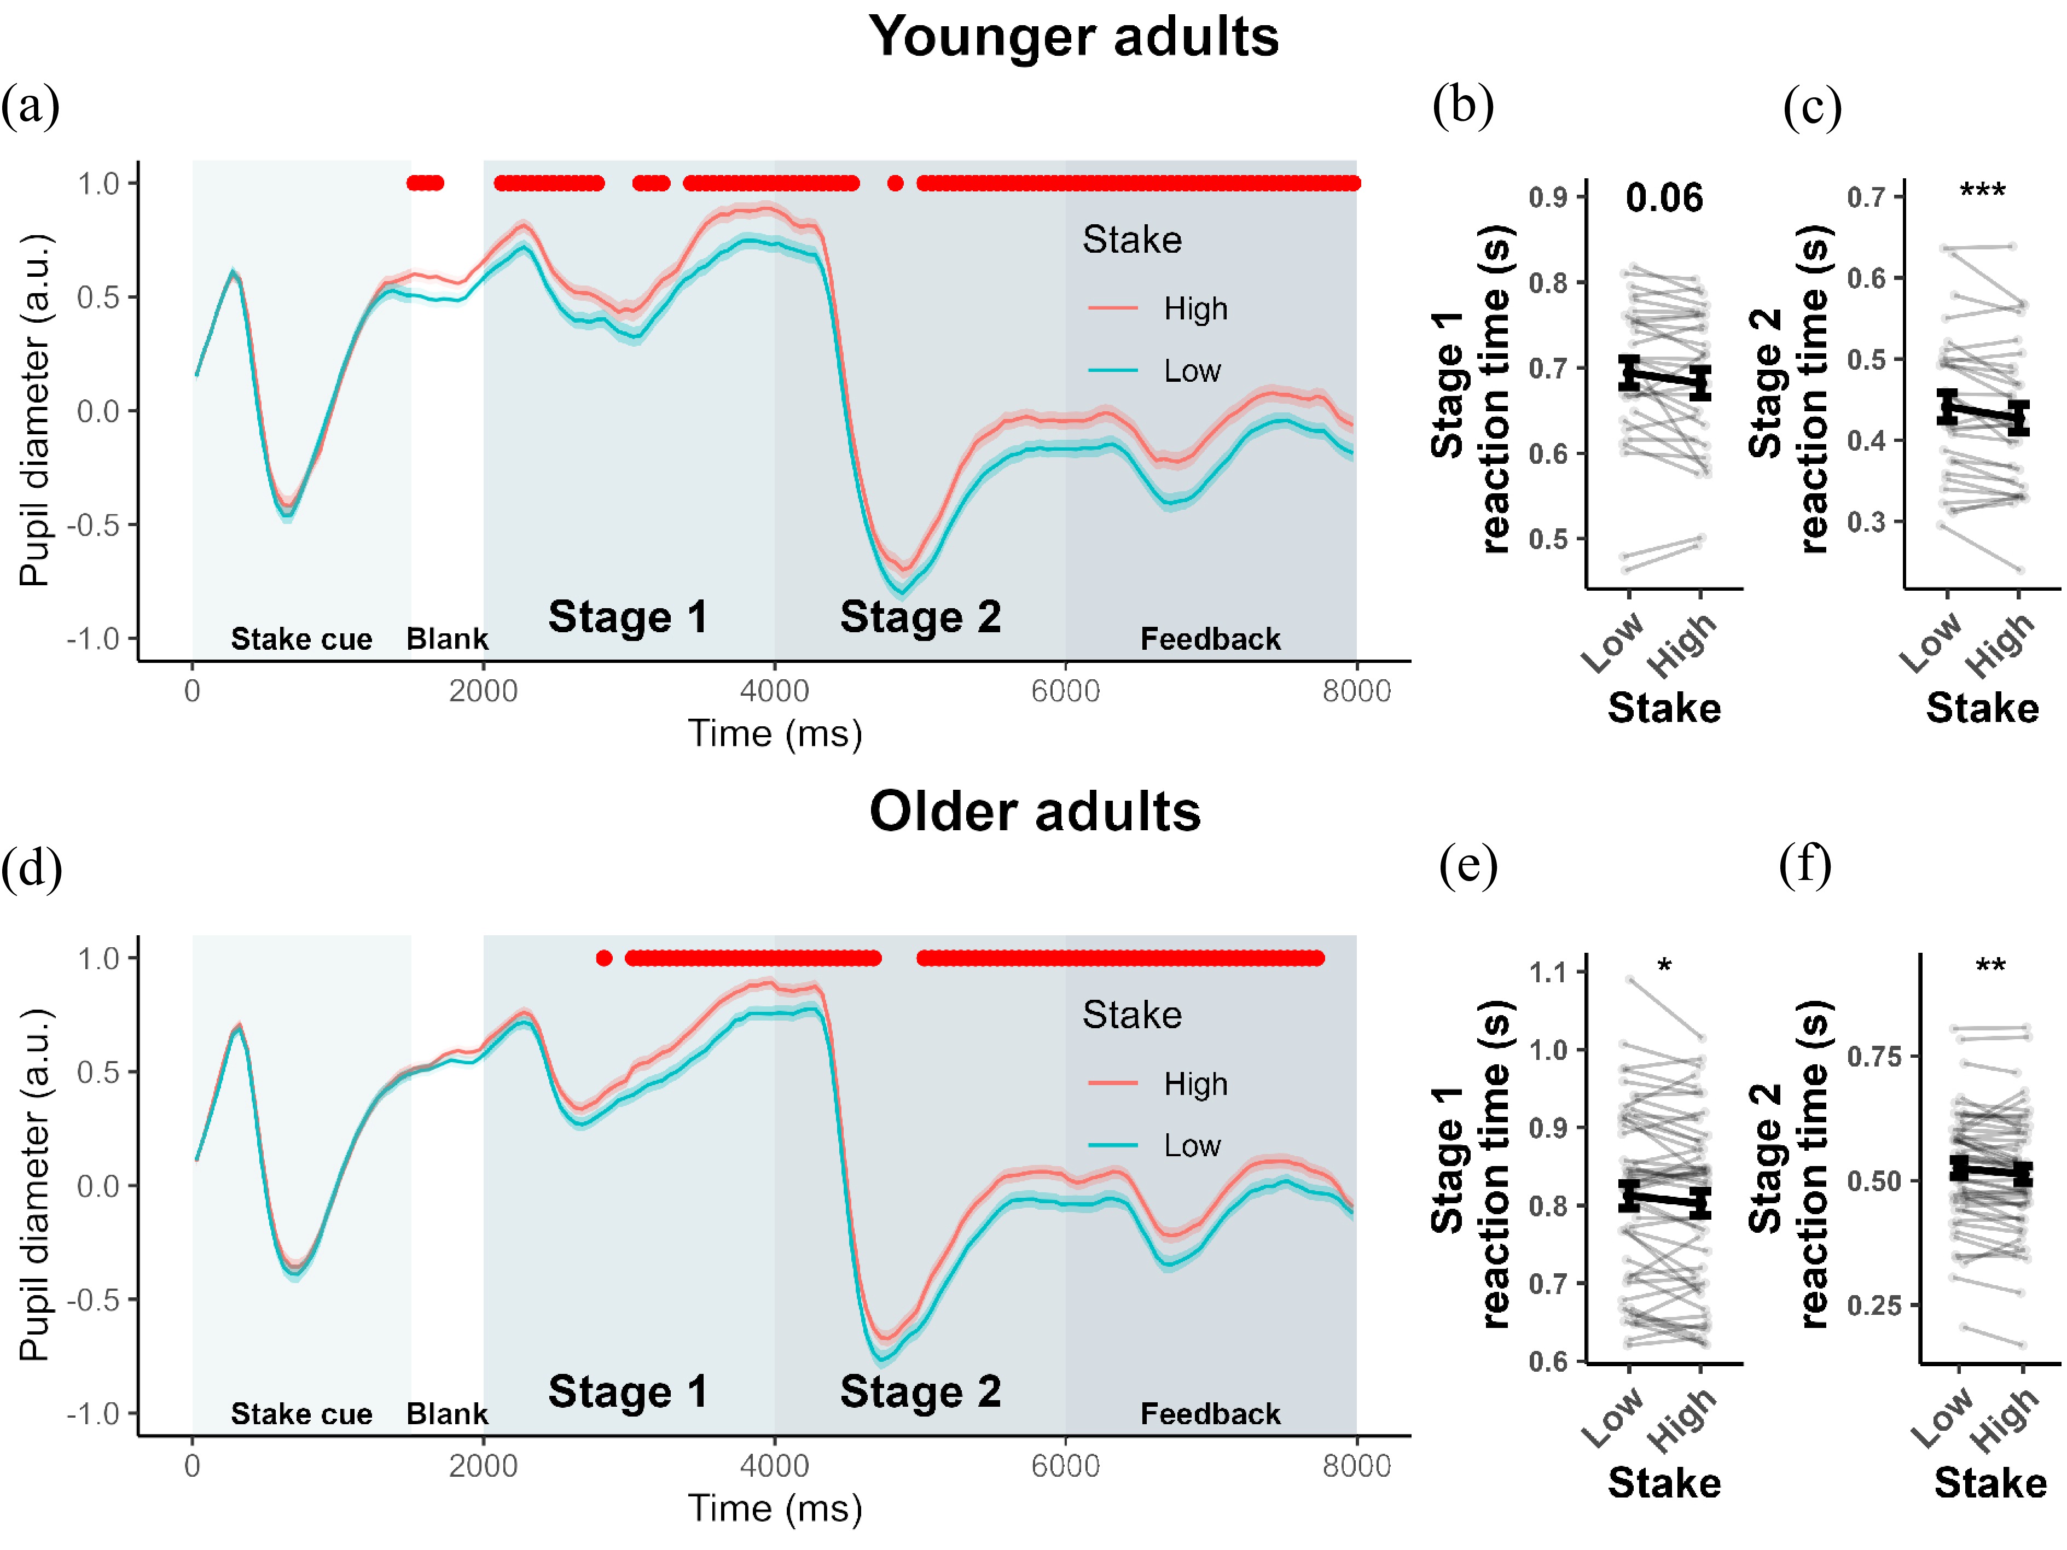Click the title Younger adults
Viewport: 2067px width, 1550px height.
point(1073,37)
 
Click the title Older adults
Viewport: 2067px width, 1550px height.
point(1035,811)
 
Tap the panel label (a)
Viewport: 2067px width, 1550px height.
point(30,106)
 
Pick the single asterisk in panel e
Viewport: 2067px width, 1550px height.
point(1664,966)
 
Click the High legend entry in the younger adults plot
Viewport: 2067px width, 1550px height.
point(1195,309)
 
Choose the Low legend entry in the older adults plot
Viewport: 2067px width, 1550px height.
point(1192,1145)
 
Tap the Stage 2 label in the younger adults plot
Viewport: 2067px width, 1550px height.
point(920,616)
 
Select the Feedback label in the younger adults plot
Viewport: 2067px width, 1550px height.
point(1210,639)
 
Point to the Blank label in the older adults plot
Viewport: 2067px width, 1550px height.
point(446,1414)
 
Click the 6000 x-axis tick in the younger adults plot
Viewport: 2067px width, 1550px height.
point(1065,691)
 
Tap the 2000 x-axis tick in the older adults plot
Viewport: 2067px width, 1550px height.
point(483,1466)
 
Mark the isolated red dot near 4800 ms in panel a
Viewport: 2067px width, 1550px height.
point(895,183)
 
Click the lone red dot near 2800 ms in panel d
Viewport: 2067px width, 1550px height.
point(605,958)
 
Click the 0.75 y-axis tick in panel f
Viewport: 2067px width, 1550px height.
point(1873,1057)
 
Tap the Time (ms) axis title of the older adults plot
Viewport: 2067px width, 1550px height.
point(775,1508)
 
